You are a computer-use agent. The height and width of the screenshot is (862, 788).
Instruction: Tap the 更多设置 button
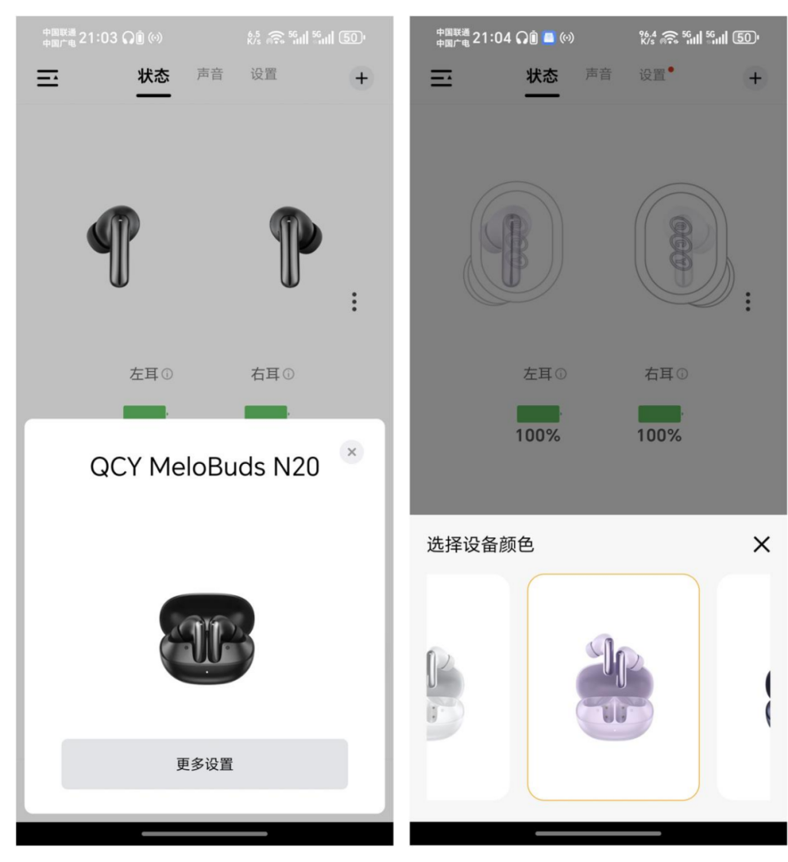204,763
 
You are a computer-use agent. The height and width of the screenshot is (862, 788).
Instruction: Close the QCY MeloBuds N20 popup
352,452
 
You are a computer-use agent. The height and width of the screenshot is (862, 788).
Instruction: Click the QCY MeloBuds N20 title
205,466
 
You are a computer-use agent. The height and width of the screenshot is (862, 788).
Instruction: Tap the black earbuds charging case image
206,638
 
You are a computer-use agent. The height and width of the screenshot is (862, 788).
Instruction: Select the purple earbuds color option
613,687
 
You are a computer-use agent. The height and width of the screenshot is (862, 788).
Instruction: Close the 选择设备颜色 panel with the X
761,544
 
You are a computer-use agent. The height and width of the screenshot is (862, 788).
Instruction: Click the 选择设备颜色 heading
480,544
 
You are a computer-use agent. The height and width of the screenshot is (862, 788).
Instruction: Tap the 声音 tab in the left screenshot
210,74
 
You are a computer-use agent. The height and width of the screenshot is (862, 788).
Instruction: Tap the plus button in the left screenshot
361,78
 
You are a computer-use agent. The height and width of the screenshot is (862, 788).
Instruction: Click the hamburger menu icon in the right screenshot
441,78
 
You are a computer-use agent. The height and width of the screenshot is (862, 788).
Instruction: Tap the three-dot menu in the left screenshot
354,302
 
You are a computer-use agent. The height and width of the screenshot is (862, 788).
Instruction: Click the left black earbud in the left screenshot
114,245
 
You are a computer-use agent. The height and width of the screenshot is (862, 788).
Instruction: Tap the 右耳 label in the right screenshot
659,374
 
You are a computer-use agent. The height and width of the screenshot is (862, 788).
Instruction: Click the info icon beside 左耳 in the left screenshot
167,374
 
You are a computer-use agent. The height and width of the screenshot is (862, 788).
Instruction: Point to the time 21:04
492,38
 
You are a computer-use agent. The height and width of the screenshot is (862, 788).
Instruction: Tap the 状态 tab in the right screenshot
542,75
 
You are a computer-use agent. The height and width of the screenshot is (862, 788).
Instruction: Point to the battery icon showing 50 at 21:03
352,38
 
